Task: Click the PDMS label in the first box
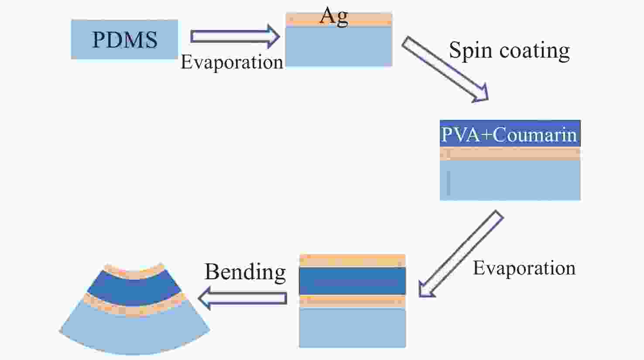[x=125, y=39]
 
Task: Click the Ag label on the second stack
[x=334, y=16]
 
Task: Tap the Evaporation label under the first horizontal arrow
[x=232, y=62]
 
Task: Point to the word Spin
[x=470, y=51]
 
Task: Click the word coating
[x=534, y=51]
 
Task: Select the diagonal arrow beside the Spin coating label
[x=445, y=69]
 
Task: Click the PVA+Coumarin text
[x=509, y=134]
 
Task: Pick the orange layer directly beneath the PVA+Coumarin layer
[x=510, y=154]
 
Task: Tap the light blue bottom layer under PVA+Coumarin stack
[x=510, y=180]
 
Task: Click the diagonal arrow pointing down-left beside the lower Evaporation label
[x=461, y=254]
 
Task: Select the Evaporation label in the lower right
[x=524, y=268]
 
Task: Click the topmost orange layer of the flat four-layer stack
[x=353, y=261]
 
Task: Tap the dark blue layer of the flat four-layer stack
[x=353, y=281]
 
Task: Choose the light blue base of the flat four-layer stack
[x=353, y=328]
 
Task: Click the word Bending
[x=245, y=272]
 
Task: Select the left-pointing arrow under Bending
[x=242, y=298]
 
